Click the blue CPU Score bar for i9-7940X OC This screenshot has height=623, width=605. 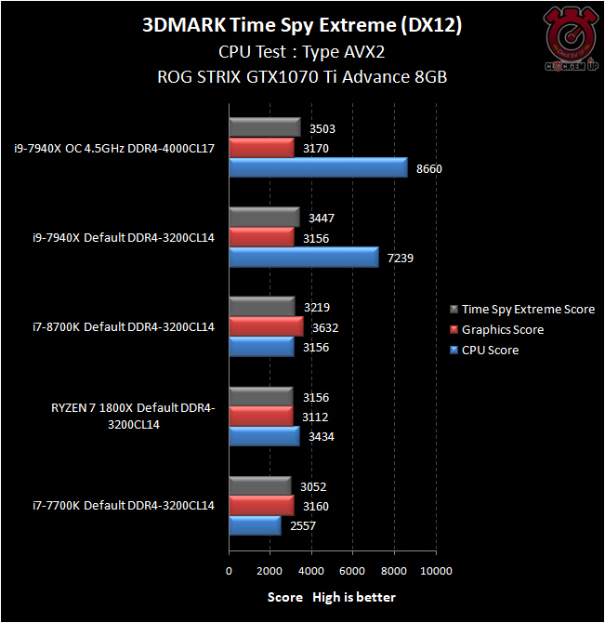318,167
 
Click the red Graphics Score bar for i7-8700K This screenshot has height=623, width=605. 266,326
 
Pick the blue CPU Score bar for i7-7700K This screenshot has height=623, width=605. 255,526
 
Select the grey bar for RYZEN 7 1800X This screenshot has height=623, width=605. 261,397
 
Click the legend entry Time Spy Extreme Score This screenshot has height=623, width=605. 527,310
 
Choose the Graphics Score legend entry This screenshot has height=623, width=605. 502,330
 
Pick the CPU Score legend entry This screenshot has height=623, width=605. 490,351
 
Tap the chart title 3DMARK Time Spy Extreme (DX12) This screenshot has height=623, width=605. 302,25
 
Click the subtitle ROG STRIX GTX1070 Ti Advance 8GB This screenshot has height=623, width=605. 302,77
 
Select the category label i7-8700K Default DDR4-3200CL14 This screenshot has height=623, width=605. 114,327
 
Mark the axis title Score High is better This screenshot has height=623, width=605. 332,597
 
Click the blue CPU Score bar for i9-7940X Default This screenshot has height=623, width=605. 303,257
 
